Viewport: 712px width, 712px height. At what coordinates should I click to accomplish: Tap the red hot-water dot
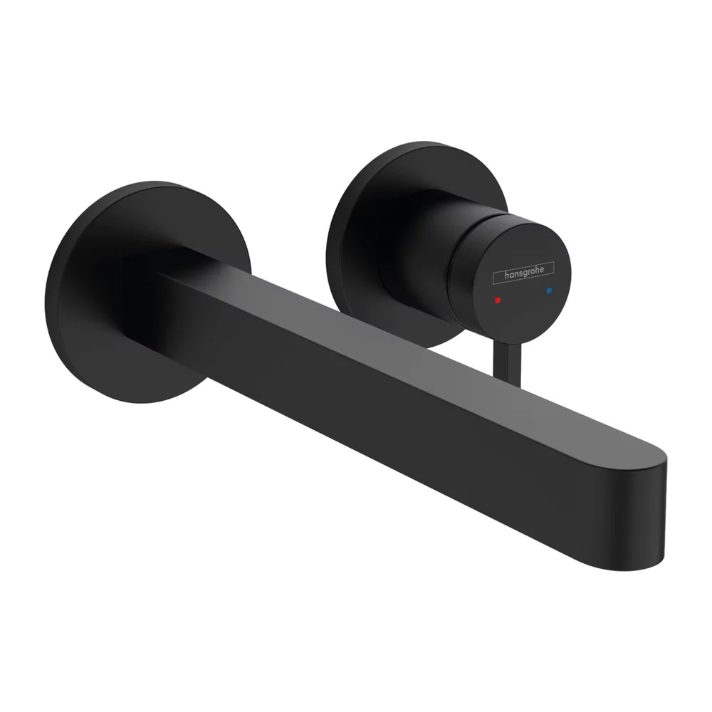[498, 300]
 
